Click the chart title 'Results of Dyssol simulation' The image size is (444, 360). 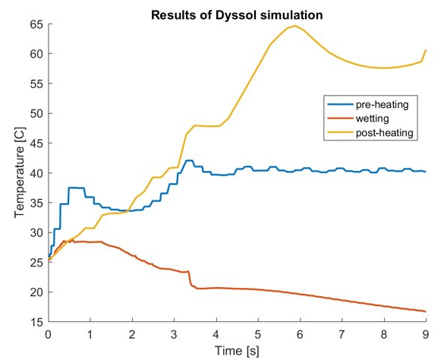[237, 15]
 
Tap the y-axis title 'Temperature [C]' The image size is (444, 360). [20, 173]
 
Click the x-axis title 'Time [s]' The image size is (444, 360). [237, 351]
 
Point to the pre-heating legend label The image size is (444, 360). [382, 104]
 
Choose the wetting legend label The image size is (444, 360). [372, 118]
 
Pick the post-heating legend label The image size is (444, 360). [385, 132]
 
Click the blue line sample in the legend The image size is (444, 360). [340, 104]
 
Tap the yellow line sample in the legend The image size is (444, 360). [340, 132]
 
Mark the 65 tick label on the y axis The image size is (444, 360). [37, 24]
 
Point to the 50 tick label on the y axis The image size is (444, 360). [37, 113]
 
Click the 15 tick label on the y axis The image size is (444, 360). [37, 322]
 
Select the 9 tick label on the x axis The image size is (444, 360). [426, 335]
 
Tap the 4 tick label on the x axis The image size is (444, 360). [216, 335]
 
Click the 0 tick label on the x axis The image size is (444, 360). [49, 335]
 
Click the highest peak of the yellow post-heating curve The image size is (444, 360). [295, 26]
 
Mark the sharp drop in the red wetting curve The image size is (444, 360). [190, 279]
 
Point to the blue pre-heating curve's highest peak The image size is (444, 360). [189, 160]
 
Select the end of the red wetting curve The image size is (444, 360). [425, 311]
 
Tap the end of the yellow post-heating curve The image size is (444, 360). [426, 50]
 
